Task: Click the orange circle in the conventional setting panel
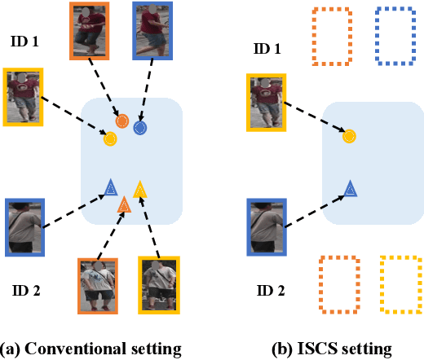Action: [122, 121]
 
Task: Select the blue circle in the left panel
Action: [140, 127]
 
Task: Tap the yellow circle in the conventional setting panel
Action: [109, 138]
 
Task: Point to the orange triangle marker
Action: [124, 205]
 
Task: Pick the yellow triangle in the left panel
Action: [139, 191]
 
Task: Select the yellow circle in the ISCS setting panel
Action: [348, 137]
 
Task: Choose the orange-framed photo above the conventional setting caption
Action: [98, 285]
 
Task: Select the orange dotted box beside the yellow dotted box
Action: [338, 284]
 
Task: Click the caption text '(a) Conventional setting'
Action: [91, 349]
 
